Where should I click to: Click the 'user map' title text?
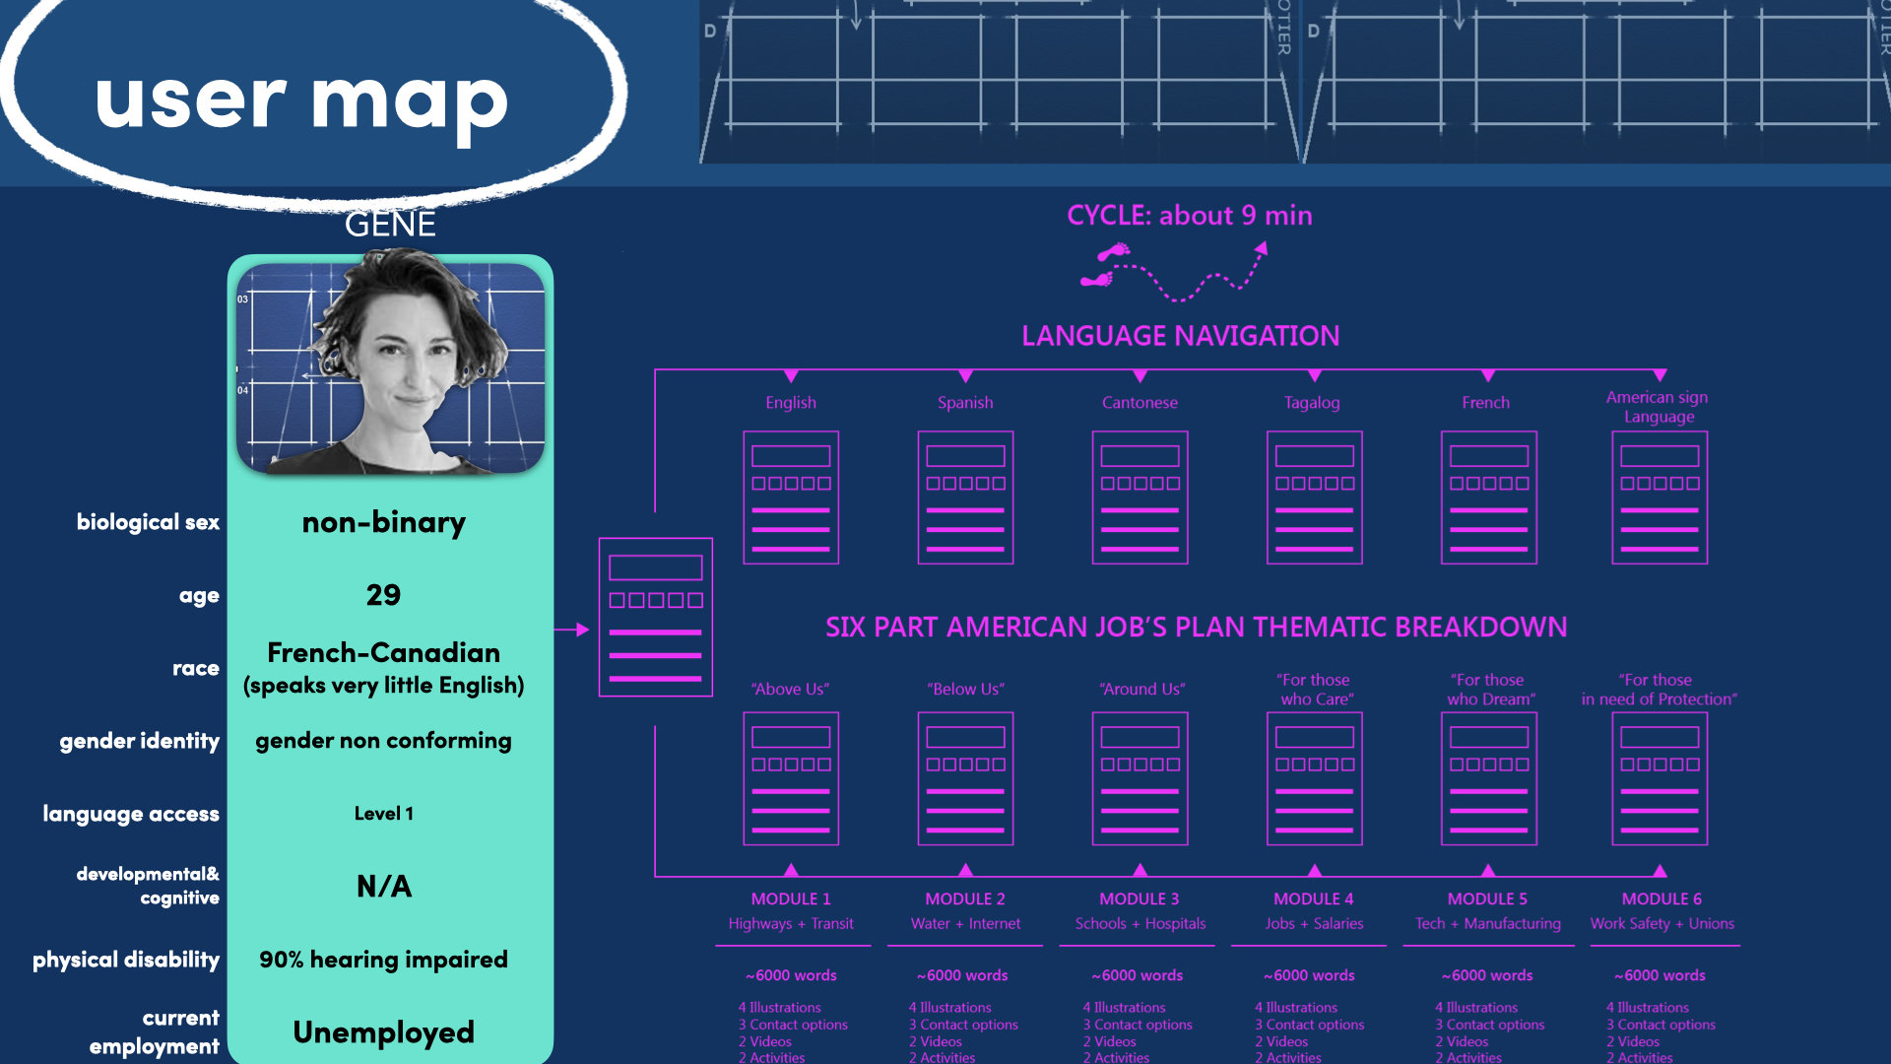301,101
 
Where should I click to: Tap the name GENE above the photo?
390,225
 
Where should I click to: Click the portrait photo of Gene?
390,365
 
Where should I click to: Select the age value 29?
383,595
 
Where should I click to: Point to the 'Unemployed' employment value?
384,1031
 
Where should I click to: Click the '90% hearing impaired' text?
383,960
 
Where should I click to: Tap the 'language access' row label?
131,814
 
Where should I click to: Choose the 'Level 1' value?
384,814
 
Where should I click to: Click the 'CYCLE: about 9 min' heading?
1190,216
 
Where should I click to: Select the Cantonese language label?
1140,402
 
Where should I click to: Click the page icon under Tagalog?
1314,498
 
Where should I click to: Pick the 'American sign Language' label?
1658,407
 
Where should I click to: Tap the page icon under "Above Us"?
791,778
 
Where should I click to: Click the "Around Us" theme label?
1142,689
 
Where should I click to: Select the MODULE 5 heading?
1487,898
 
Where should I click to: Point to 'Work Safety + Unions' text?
1663,924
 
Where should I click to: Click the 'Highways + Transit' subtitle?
791,924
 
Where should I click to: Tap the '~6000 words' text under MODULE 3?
1138,975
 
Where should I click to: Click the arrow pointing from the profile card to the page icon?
571,630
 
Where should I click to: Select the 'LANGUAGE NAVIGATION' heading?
1180,336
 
